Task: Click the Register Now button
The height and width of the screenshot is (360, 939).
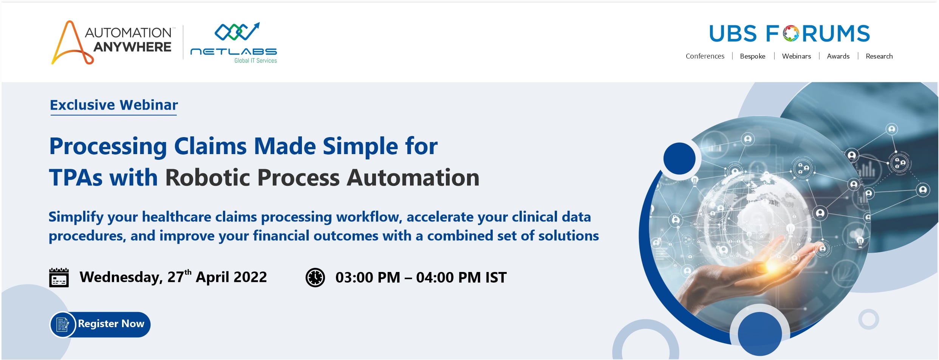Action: (100, 324)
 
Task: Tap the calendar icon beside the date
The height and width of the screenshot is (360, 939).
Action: (59, 278)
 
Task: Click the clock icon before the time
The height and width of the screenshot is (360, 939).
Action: (315, 278)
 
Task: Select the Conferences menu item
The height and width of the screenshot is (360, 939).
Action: (705, 56)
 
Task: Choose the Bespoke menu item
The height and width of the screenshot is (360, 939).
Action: (753, 56)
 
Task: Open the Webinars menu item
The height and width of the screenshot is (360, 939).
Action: (797, 56)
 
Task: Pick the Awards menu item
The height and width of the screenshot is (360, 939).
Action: (838, 56)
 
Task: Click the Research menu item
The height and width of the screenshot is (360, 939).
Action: (879, 56)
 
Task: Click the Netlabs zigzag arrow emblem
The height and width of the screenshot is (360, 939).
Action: (237, 31)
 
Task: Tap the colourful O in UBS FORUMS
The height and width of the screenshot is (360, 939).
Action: (791, 34)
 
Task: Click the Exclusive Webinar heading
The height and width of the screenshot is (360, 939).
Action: (114, 105)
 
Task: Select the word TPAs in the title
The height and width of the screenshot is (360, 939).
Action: (76, 178)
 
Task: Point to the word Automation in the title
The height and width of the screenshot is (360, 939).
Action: (413, 178)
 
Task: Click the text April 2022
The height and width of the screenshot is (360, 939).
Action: (231, 277)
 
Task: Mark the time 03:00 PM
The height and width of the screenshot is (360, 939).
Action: (368, 278)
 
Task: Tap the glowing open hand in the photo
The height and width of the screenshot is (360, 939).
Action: (741, 276)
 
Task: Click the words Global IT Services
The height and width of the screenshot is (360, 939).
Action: (255, 61)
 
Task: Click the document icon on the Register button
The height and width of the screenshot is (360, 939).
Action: (62, 324)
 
